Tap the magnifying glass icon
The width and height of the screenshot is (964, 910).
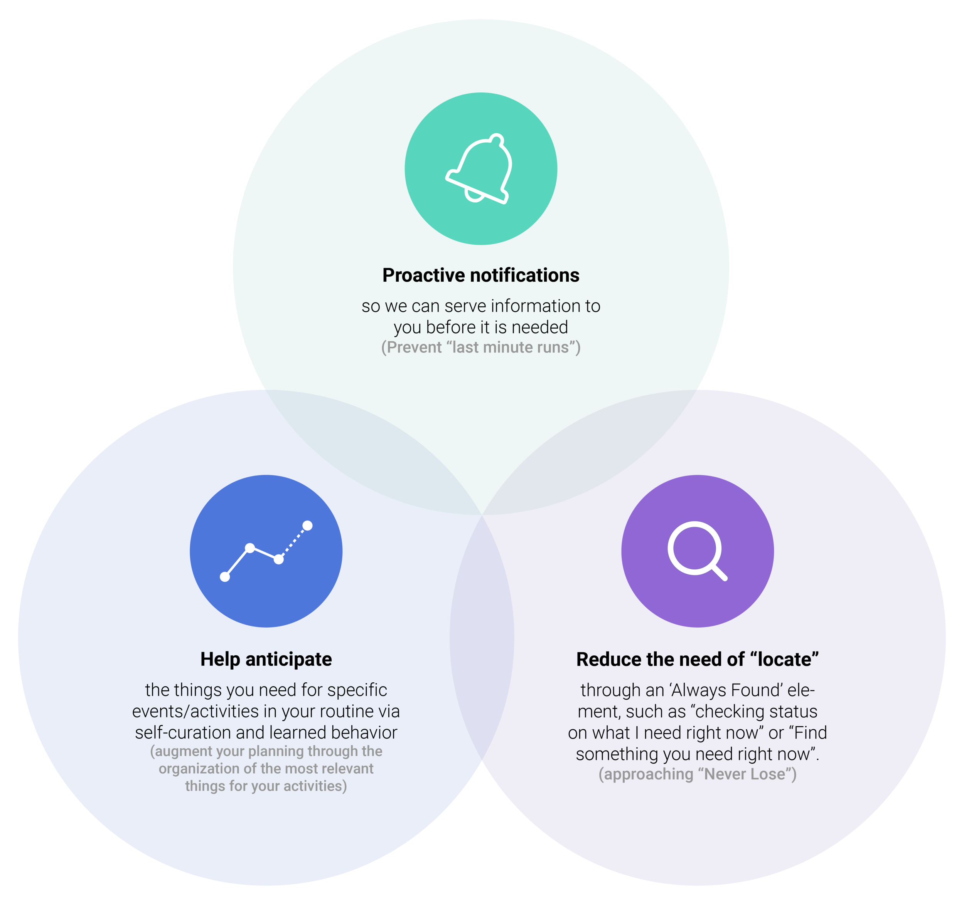click(698, 551)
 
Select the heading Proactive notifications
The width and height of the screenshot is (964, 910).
click(480, 275)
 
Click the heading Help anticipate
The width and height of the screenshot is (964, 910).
click(266, 659)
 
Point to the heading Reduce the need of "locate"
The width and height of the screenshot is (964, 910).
click(698, 659)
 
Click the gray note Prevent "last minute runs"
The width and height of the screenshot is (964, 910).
click(480, 347)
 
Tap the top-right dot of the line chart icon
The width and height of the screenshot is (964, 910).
click(307, 526)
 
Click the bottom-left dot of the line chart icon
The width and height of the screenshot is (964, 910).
click(225, 577)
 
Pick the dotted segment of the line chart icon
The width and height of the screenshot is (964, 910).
click(293, 542)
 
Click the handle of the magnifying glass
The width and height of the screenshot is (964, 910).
click(720, 573)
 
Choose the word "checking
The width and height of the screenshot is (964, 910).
click(727, 712)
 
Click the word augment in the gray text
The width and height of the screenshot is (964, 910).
click(181, 751)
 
